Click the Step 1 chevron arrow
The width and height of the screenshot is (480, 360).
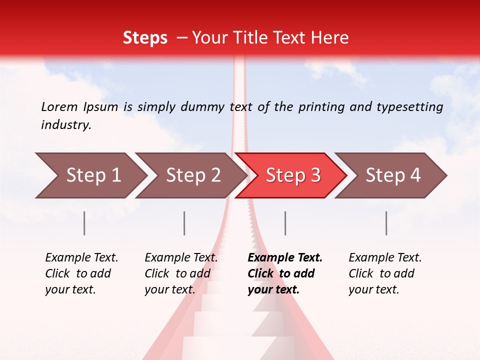pos(90,175)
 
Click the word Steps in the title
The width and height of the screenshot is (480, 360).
pos(145,38)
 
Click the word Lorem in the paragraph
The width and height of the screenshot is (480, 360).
pos(59,106)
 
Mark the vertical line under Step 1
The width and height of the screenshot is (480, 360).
pos(84,223)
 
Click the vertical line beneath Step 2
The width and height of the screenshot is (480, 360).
pos(184,223)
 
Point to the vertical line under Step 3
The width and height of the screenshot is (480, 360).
pos(285,223)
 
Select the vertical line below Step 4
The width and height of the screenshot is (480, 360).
pos(386,223)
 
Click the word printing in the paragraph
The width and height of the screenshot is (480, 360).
pos(320,107)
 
